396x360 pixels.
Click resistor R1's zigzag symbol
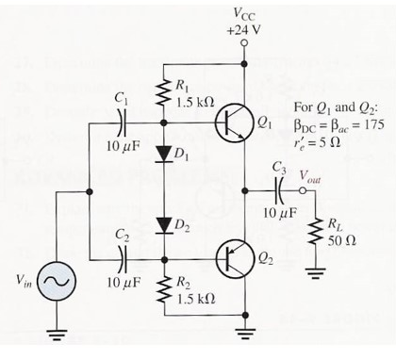164,94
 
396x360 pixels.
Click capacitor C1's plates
122,122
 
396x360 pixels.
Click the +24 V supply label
244,28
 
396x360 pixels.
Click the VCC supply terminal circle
244,42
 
